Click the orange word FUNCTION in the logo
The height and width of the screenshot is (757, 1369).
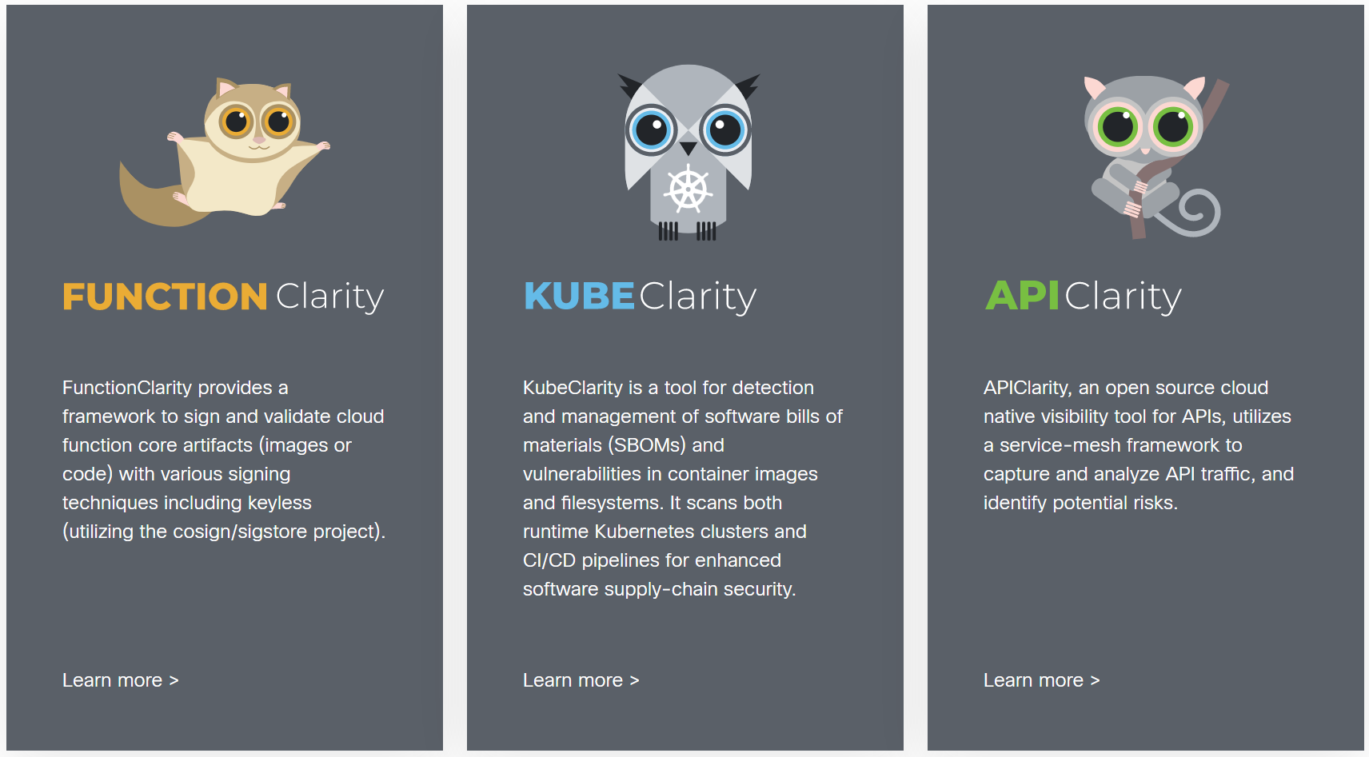point(165,297)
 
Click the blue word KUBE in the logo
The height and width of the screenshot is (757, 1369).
point(579,297)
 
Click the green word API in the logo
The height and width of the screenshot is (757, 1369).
point(1022,296)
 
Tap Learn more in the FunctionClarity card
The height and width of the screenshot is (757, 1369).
point(120,680)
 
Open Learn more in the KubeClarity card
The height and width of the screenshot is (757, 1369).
point(581,680)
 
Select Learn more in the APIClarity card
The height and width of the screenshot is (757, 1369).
point(1041,680)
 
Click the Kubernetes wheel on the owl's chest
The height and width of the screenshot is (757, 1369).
point(688,190)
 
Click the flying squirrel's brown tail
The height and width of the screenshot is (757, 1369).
point(144,200)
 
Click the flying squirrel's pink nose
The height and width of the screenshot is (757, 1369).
point(259,141)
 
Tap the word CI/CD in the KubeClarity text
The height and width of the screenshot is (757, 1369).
point(549,560)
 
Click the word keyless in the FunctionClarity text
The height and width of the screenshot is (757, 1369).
point(279,503)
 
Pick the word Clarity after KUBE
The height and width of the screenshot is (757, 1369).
point(697,297)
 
